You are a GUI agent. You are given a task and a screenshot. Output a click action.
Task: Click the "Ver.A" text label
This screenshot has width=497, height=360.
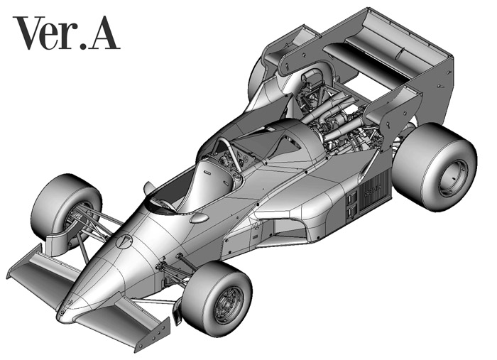67,33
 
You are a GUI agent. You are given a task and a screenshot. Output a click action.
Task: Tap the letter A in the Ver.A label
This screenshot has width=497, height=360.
104,33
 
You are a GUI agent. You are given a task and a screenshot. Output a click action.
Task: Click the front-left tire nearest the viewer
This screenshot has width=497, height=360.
217,298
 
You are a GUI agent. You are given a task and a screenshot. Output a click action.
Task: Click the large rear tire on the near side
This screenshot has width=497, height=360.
435,167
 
